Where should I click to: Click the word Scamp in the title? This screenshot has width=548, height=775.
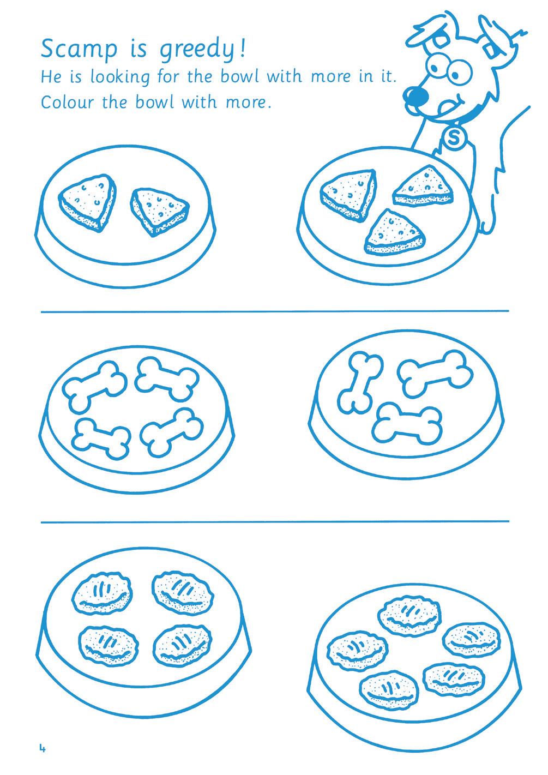click(x=79, y=49)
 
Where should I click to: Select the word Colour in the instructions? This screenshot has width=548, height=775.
click(x=67, y=102)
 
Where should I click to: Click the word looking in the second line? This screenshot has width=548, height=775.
click(x=120, y=77)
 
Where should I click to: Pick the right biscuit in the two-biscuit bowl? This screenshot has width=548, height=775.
click(x=159, y=212)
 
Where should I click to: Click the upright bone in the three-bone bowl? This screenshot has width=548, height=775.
click(x=360, y=383)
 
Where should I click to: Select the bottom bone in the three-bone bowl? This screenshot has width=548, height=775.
click(x=407, y=423)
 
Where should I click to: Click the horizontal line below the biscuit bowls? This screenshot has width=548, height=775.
click(x=275, y=311)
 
